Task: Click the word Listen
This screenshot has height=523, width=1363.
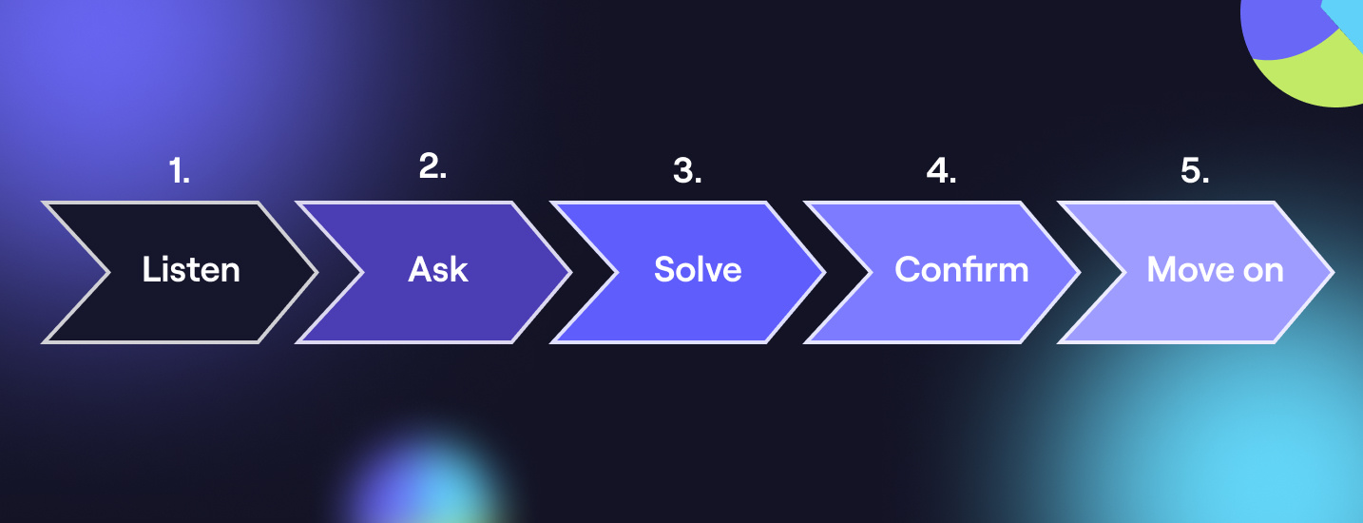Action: (191, 270)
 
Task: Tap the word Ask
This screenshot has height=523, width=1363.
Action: (438, 270)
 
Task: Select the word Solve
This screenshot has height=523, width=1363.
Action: (698, 270)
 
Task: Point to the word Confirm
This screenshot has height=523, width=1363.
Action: (961, 270)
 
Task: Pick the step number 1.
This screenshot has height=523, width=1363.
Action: (180, 171)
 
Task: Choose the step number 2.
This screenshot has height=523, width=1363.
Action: (432, 166)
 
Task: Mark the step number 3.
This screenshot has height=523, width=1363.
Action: (687, 171)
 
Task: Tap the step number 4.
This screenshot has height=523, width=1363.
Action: (941, 171)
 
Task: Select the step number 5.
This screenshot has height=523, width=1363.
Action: (1195, 171)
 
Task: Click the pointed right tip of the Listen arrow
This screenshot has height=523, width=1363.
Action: (315, 272)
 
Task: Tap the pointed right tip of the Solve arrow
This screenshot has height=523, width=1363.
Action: (823, 272)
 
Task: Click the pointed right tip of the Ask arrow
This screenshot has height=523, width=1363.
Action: (569, 272)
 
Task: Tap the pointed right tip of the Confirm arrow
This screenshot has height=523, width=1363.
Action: (1077, 272)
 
